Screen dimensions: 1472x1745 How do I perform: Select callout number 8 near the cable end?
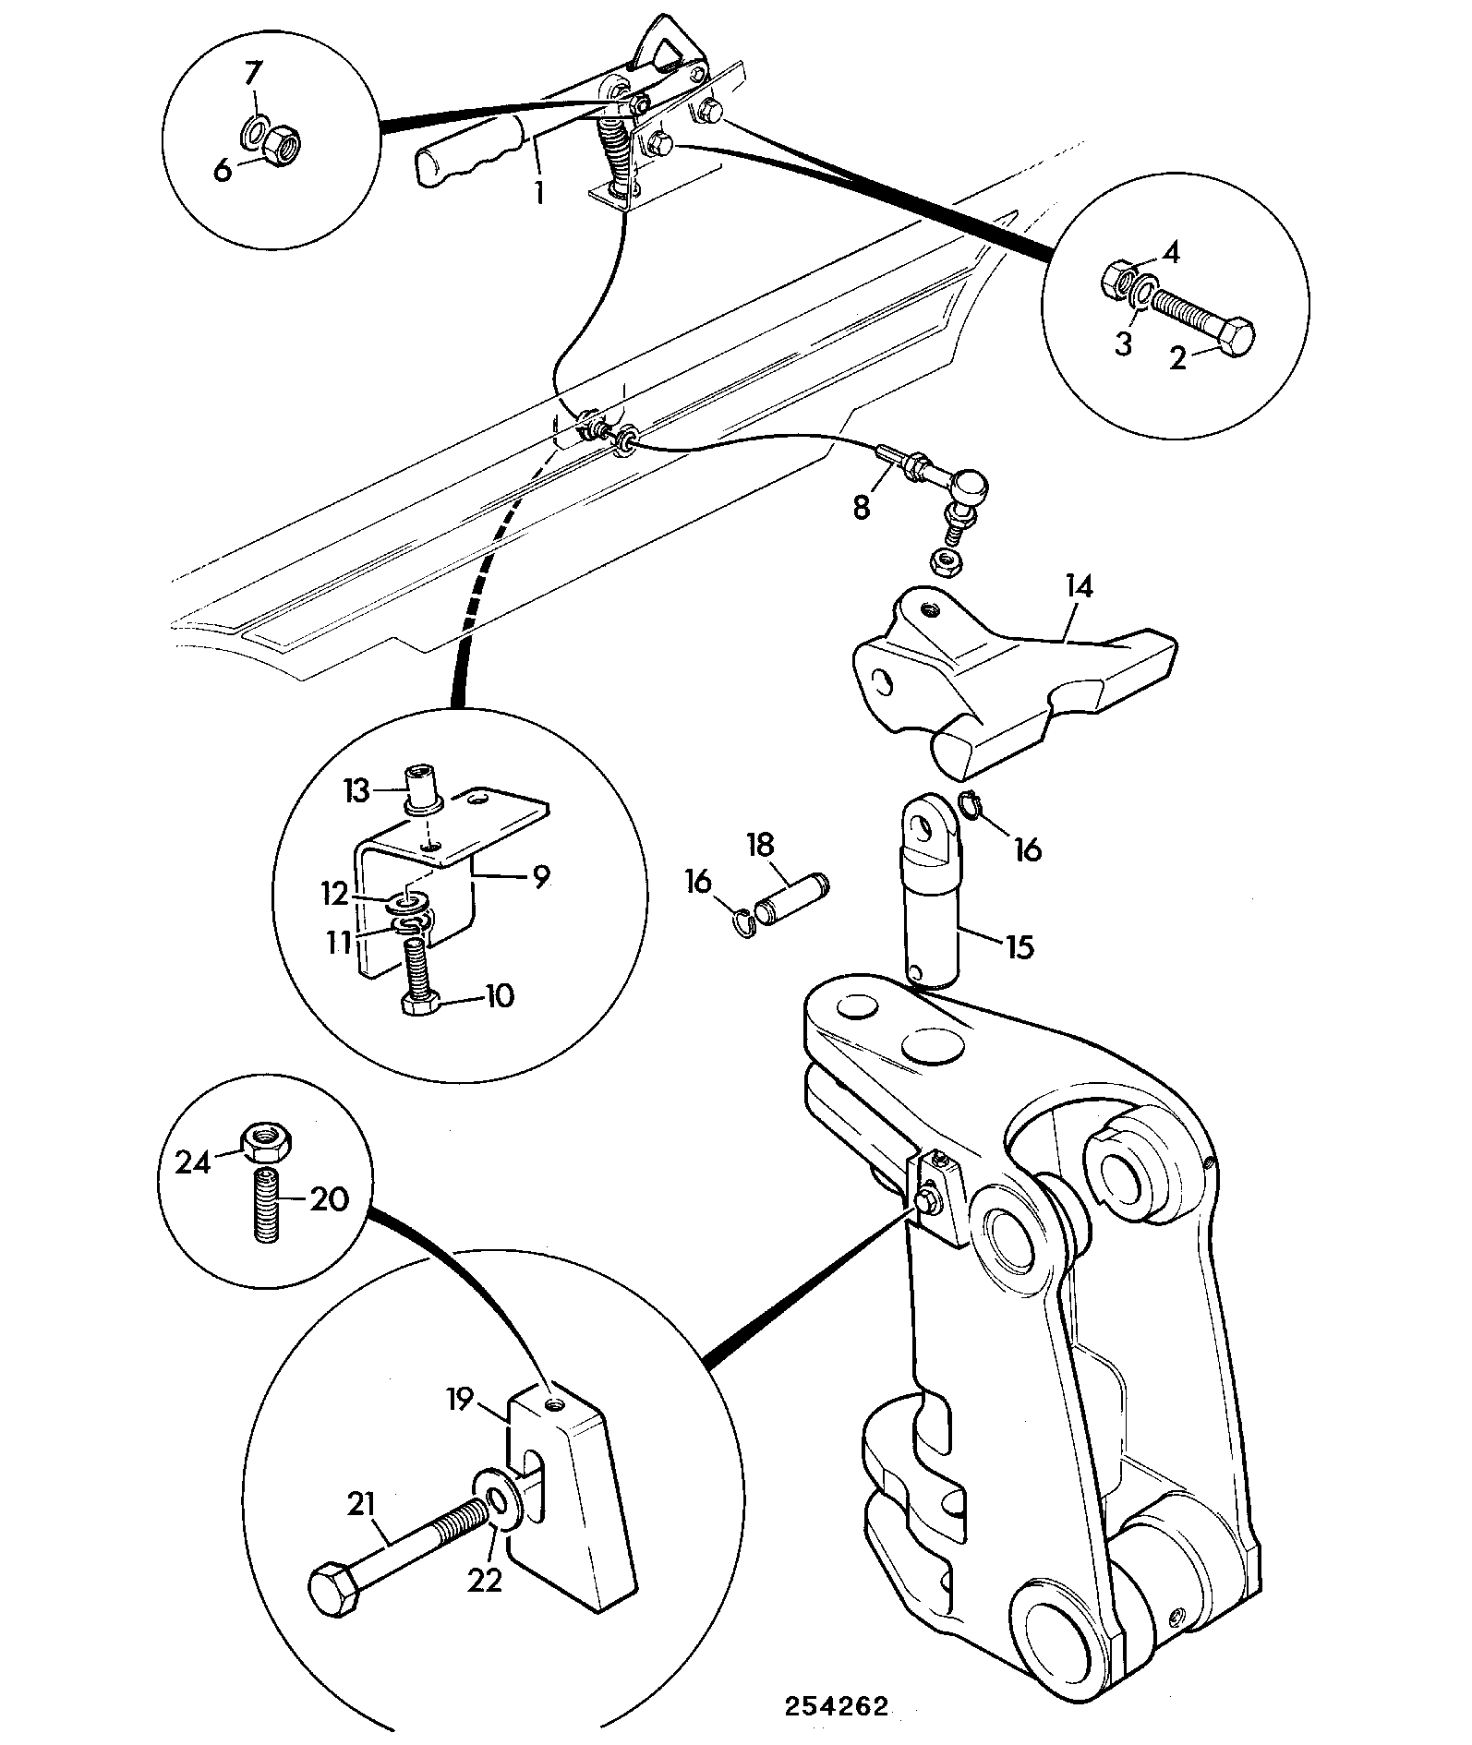[862, 507]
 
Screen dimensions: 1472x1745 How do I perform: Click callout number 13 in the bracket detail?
[357, 791]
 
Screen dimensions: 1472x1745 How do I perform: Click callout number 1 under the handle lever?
[538, 193]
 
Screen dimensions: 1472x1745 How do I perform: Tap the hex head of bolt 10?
[422, 1004]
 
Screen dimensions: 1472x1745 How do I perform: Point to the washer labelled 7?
[257, 132]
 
